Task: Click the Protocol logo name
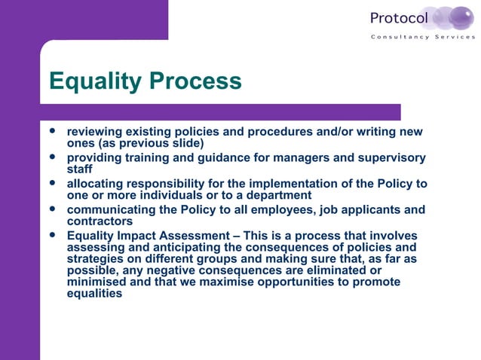[399, 18]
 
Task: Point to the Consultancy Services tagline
[423, 37]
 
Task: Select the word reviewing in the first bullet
[97, 132]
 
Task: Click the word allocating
[96, 184]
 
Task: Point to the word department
[280, 195]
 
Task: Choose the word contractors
[100, 221]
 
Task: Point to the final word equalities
[94, 294]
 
